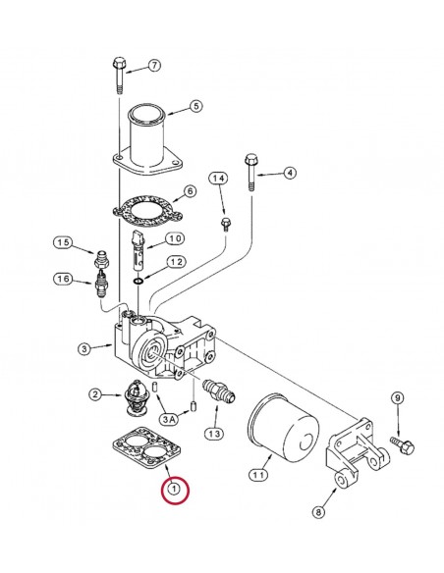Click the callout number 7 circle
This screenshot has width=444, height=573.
click(x=154, y=66)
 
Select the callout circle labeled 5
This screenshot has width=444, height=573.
click(x=195, y=106)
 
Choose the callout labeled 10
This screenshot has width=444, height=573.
click(x=173, y=239)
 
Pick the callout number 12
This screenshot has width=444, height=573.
click(x=175, y=262)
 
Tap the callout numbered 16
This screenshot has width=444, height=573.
click(x=64, y=281)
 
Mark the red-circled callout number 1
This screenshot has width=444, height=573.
click(x=174, y=487)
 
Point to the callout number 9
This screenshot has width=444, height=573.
click(x=396, y=397)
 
